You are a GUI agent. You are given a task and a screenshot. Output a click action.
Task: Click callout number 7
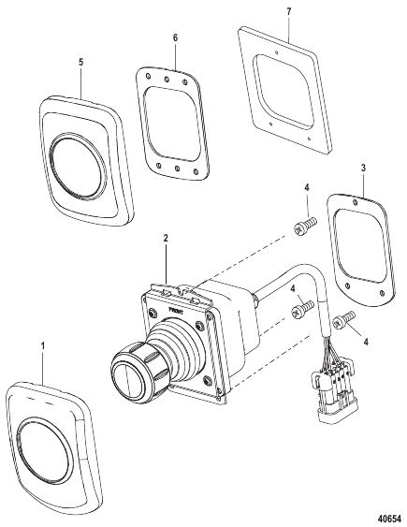(288, 9)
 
